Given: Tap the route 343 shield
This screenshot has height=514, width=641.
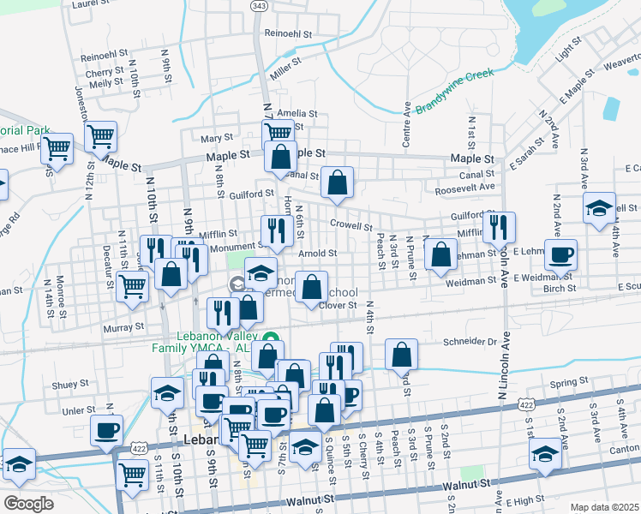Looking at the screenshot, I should coord(260,6).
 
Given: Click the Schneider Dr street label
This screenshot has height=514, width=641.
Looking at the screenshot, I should coord(470,341).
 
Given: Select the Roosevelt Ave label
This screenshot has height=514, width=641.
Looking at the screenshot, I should coord(465,187).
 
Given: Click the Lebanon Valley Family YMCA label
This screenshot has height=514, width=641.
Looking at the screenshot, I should coord(207,342).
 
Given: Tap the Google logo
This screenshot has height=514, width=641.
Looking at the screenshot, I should coord(28,504).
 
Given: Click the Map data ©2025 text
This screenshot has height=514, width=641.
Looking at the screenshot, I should coord(604,507).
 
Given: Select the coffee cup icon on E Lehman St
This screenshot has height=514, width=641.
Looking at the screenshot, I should coord(560,254).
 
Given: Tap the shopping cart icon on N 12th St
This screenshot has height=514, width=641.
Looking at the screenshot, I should coord(101,135).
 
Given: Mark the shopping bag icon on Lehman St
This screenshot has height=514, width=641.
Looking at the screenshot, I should coord(440,254).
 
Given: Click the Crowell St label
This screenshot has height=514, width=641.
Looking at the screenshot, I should coord(350,227).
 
